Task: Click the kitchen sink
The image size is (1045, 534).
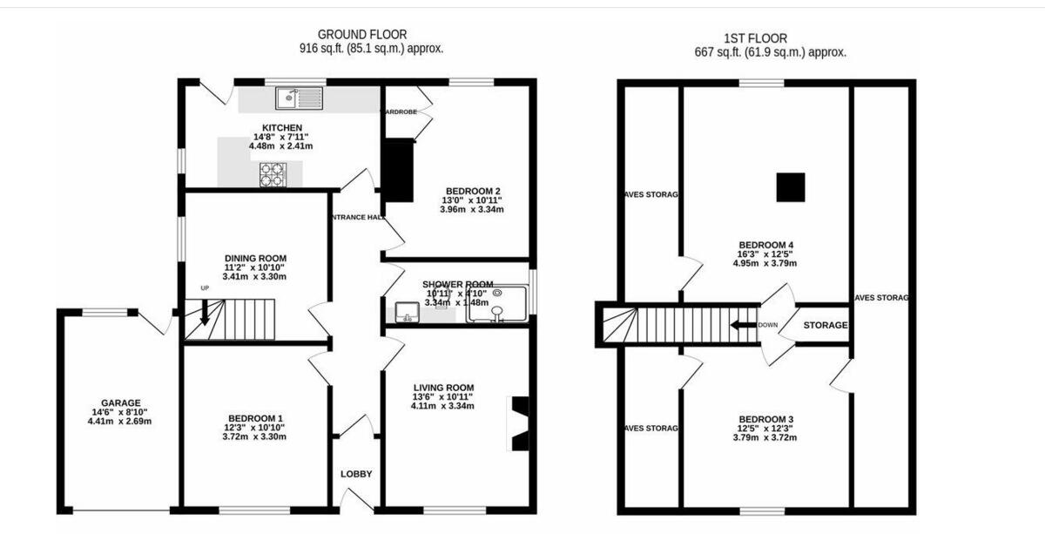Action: pyautogui.click(x=299, y=98)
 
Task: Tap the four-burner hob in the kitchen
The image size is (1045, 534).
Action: pyautogui.click(x=273, y=175)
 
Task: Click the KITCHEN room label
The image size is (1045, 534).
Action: pyautogui.click(x=282, y=127)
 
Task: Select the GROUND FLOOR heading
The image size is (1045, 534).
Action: pyautogui.click(x=361, y=35)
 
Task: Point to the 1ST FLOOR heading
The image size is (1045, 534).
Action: pyautogui.click(x=755, y=38)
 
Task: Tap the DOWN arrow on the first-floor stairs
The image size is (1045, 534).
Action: pyautogui.click(x=742, y=326)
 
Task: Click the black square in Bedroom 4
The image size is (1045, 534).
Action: pyautogui.click(x=790, y=186)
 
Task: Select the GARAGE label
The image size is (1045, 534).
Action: pyautogui.click(x=120, y=402)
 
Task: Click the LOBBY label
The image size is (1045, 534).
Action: pyautogui.click(x=355, y=474)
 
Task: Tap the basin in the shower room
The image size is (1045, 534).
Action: pyautogui.click(x=407, y=312)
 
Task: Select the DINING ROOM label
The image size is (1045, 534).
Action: pyautogui.click(x=255, y=258)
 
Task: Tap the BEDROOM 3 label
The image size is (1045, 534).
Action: pyautogui.click(x=765, y=418)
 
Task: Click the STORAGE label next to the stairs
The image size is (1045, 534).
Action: pyautogui.click(x=825, y=325)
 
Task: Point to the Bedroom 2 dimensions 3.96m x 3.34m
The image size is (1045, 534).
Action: pyautogui.click(x=472, y=210)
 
